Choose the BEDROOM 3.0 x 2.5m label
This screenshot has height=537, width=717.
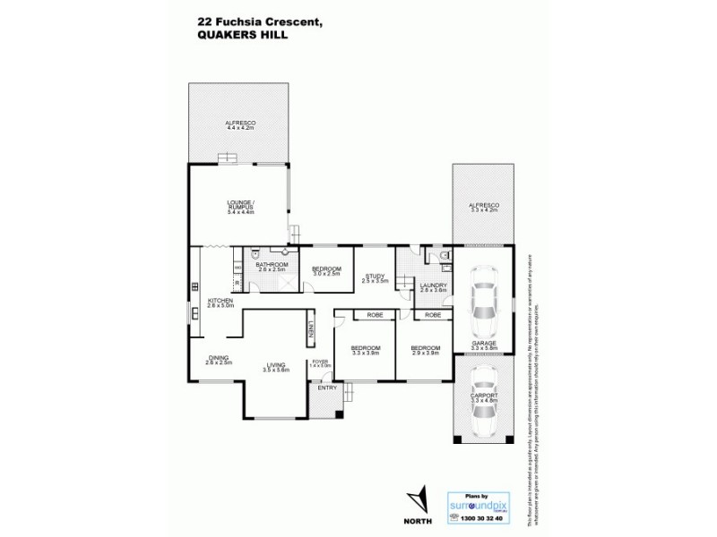(x=326, y=270)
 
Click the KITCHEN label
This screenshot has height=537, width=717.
(x=220, y=303)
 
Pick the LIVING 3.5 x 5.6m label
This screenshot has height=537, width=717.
(x=275, y=367)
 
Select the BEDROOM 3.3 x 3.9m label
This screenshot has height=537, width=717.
(x=366, y=350)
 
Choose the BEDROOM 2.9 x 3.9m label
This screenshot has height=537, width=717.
(x=426, y=350)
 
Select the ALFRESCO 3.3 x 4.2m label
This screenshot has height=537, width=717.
(x=484, y=208)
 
